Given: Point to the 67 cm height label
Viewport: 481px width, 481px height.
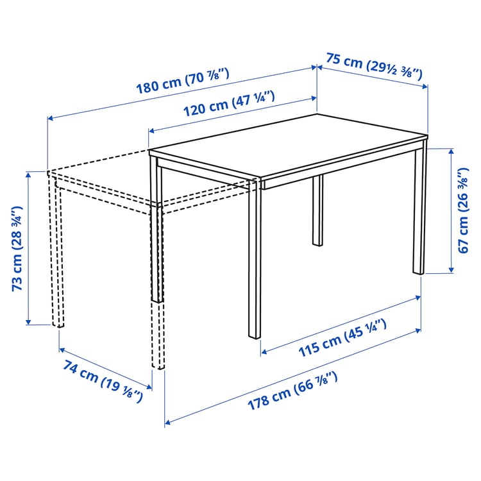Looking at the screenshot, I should tap(465, 209).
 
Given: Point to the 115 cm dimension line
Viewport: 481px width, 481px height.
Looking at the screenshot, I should tap(340, 324).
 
